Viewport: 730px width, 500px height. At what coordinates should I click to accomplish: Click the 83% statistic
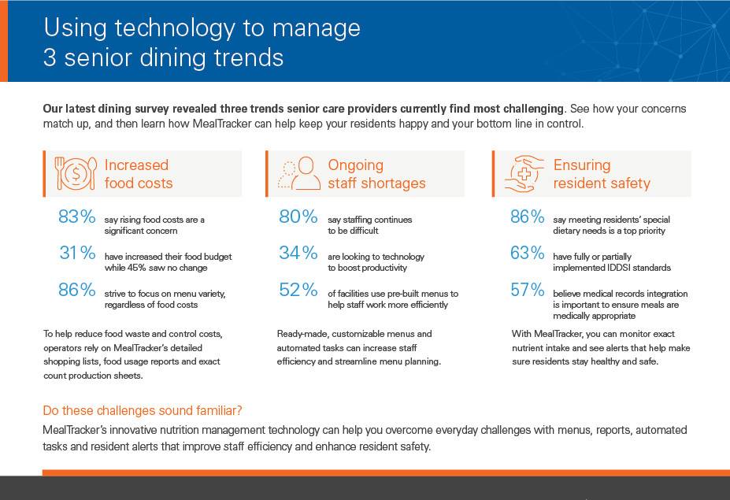click(76, 217)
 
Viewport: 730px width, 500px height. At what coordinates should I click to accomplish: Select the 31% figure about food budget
click(77, 253)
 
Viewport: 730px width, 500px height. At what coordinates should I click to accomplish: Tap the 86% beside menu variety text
click(76, 290)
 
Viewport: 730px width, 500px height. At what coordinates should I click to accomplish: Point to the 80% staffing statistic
click(298, 217)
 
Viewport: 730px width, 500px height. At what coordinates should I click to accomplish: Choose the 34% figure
click(298, 253)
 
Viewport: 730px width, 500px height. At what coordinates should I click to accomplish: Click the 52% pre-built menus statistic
click(298, 290)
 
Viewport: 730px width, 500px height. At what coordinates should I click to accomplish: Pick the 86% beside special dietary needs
click(527, 217)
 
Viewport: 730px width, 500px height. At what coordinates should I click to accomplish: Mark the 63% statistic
click(527, 253)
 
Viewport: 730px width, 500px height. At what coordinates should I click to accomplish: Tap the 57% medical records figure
click(527, 290)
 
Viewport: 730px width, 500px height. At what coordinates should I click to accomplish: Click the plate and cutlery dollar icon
click(75, 174)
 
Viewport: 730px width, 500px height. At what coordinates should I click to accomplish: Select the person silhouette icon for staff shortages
click(298, 174)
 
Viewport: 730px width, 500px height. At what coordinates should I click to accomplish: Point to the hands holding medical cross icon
click(523, 174)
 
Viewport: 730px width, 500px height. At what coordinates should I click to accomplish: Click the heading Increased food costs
click(138, 174)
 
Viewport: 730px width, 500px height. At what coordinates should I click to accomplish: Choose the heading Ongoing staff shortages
click(376, 174)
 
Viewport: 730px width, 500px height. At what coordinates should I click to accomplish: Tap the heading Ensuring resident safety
click(602, 174)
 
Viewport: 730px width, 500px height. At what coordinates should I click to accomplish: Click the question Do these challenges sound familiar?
click(143, 410)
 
